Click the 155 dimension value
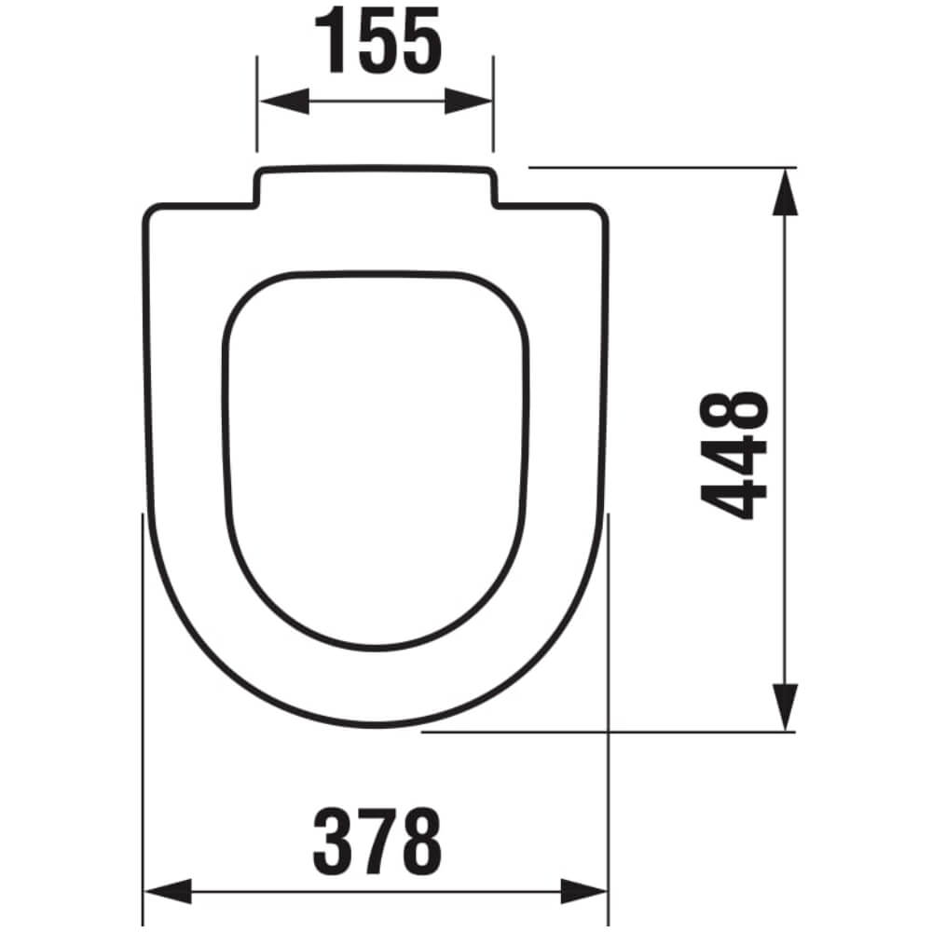(378, 40)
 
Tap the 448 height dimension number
(734, 456)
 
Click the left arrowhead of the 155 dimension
(284, 101)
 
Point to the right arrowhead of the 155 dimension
(469, 101)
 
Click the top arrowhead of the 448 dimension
(785, 192)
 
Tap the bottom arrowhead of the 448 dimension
(785, 707)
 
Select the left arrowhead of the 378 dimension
(168, 891)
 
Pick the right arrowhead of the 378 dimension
(583, 891)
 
